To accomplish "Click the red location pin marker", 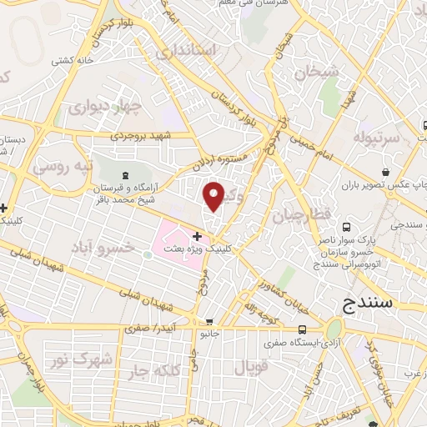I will click(213, 196).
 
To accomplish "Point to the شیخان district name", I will click(302, 73).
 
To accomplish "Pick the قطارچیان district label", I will click(300, 215).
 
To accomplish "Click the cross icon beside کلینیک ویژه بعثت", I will click(197, 238).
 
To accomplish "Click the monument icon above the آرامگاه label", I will click(125, 175).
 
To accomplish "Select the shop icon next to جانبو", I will click(208, 322).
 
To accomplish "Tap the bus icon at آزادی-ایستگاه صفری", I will click(304, 329).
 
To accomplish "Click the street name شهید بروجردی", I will click(145, 134).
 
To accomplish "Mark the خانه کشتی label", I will click(72, 60).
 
